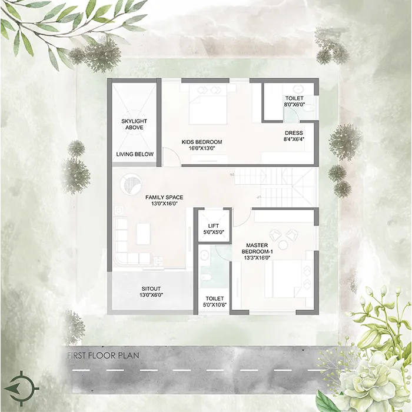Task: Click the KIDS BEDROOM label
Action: click(202, 142)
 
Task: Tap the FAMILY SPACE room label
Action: click(164, 197)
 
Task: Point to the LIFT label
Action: click(213, 226)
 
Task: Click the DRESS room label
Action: click(294, 133)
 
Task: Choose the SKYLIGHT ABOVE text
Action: click(134, 124)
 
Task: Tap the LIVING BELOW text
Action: click(135, 154)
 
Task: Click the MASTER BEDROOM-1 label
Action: click(257, 248)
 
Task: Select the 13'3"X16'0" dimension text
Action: click(257, 258)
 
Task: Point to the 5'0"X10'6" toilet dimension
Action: click(215, 305)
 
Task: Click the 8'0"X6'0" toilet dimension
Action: click(294, 104)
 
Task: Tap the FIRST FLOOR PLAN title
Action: click(103, 355)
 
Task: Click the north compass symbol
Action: click(22, 388)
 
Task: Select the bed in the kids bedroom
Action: click(208, 104)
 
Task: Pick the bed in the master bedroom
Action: click(288, 279)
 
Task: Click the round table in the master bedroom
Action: click(283, 245)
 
